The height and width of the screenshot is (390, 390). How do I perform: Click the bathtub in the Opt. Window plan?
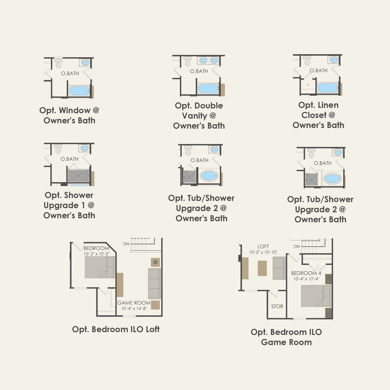(x=79, y=91)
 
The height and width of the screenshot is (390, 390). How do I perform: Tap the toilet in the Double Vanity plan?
(x=188, y=63)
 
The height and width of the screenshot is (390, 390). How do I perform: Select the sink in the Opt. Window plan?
(x=85, y=62)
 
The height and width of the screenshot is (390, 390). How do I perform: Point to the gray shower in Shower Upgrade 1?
(x=78, y=176)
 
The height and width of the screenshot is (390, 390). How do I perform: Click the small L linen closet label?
(x=308, y=85)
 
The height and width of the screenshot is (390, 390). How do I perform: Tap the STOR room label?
(x=277, y=306)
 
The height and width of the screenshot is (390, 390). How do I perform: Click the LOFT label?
(x=263, y=247)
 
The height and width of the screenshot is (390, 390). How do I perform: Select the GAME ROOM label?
(x=134, y=303)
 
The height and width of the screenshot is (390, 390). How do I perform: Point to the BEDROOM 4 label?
(x=306, y=273)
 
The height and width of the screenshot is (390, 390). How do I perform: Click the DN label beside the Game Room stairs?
(x=126, y=244)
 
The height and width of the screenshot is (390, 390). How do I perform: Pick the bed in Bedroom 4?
(x=316, y=296)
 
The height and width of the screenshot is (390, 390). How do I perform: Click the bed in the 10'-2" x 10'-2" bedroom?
(x=99, y=267)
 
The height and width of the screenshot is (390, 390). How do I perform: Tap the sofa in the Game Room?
(x=154, y=283)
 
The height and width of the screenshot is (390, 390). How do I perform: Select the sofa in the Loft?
(x=279, y=268)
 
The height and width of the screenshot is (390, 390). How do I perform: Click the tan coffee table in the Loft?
(x=262, y=268)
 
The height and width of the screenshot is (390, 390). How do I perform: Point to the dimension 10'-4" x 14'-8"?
(x=134, y=309)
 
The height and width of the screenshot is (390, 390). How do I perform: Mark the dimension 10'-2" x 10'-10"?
(x=263, y=252)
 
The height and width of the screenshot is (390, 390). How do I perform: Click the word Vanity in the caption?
(x=195, y=116)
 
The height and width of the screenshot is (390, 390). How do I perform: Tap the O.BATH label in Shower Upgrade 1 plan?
(x=70, y=159)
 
